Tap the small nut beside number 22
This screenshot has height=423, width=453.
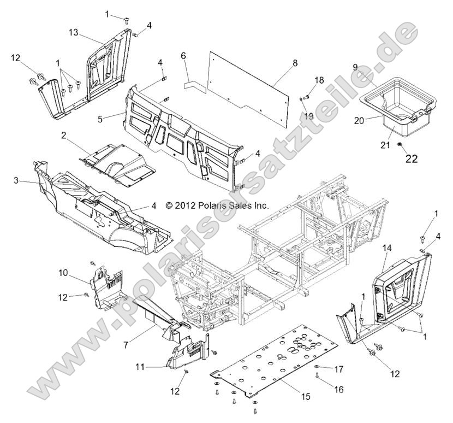(x=399, y=144)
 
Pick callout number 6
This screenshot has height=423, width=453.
(x=183, y=56)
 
